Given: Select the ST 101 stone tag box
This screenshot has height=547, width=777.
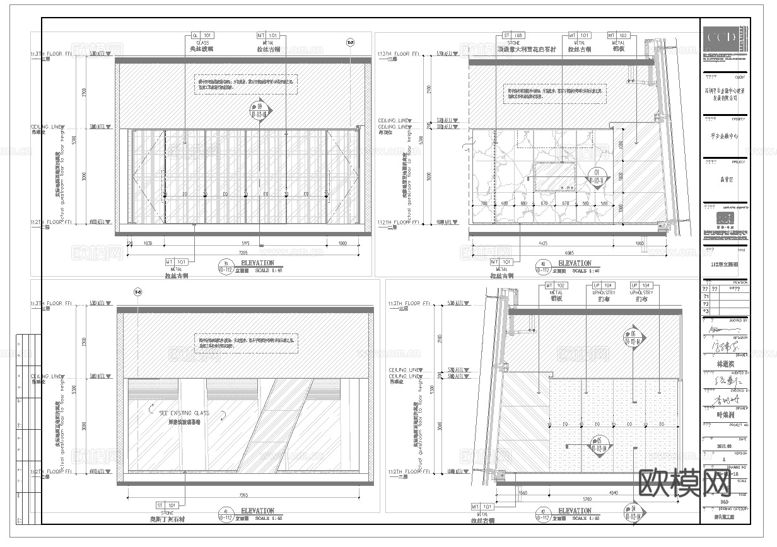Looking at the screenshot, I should pos(168,505).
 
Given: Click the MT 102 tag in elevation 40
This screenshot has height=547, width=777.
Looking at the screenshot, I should pos(616,36).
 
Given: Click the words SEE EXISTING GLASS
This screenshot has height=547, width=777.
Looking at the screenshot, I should pos(184,413).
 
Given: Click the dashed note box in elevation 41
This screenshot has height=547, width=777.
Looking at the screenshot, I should pos(246,342).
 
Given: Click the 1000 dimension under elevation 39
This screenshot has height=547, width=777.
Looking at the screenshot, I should pos(343,243).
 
